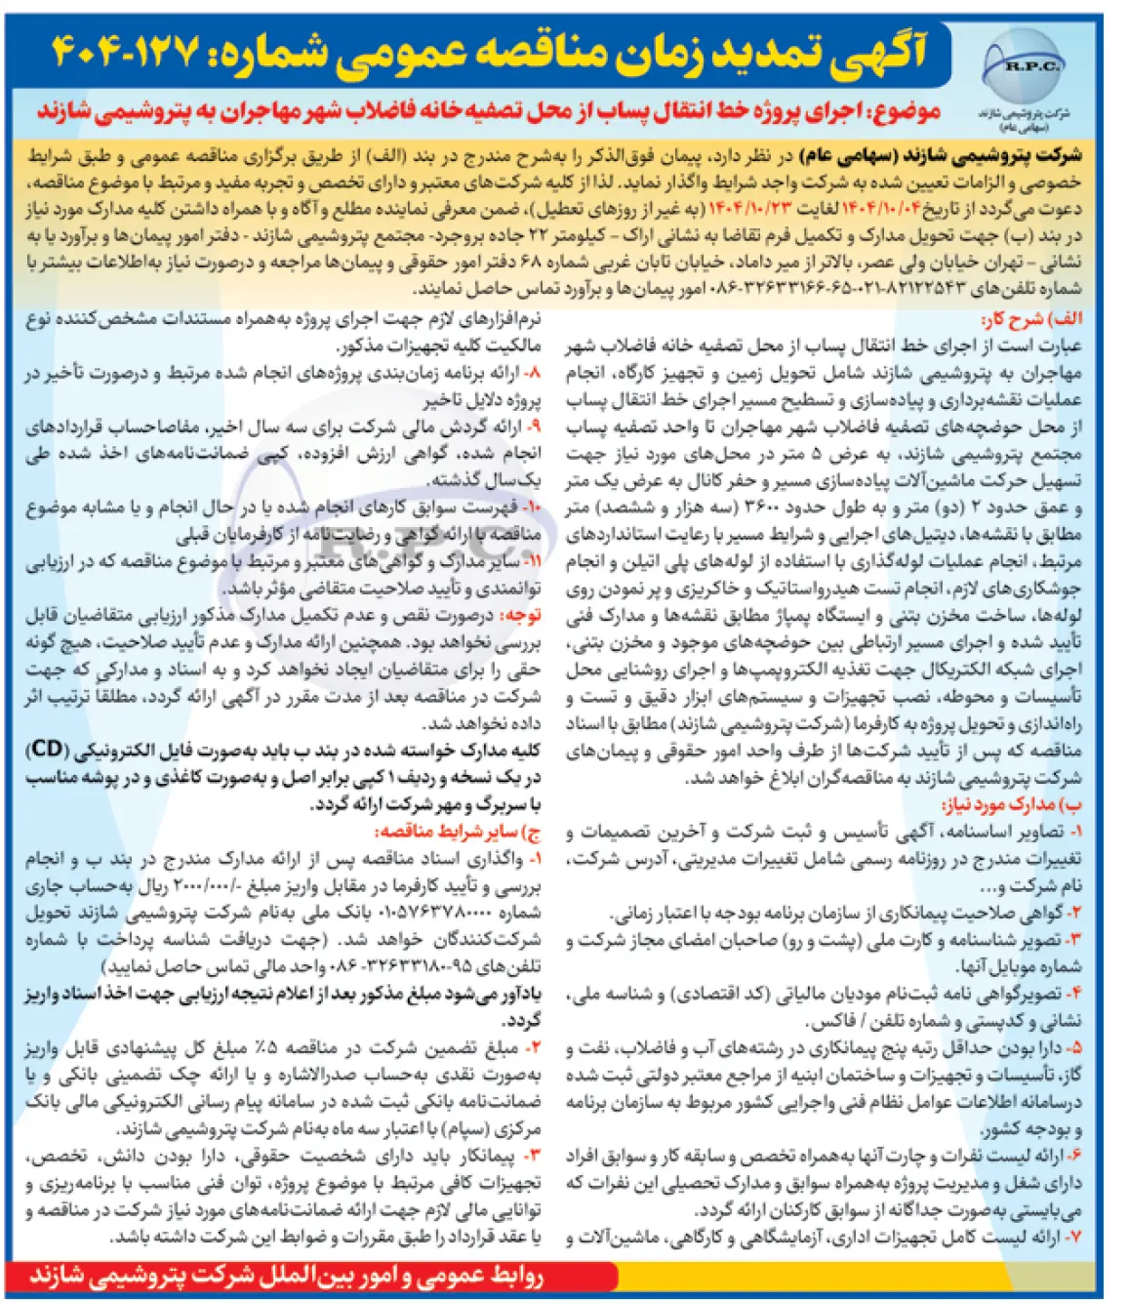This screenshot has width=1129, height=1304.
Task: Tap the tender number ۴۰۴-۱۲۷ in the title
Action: (126, 50)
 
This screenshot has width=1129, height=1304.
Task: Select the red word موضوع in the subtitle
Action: (905, 111)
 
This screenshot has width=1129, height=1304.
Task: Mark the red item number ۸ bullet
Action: (531, 373)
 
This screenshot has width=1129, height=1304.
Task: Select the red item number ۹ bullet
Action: (531, 427)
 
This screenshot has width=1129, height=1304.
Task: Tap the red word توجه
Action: (520, 616)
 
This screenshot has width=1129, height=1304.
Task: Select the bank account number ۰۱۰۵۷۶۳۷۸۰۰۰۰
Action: (423, 913)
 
